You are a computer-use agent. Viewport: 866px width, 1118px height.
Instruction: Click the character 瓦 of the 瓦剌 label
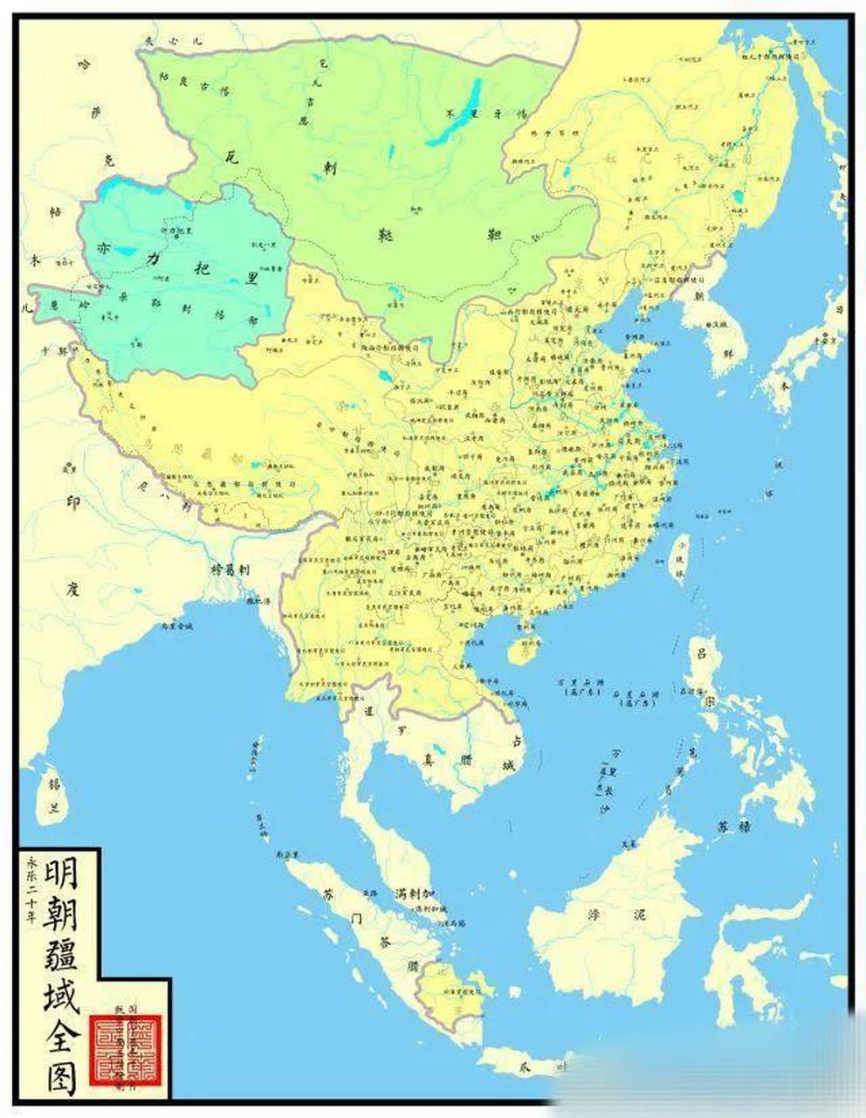tap(230, 156)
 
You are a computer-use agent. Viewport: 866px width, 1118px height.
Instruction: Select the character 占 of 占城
tap(517, 742)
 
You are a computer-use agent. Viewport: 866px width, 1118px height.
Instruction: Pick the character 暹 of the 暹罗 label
tap(368, 711)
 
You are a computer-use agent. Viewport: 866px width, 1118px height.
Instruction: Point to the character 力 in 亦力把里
tap(154, 258)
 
